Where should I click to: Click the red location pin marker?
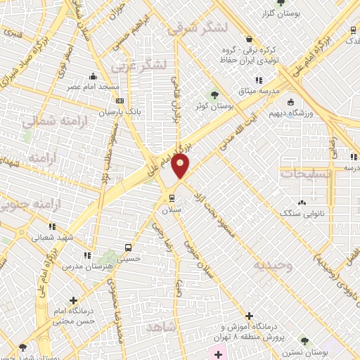[181, 166]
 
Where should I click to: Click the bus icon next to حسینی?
[127, 248]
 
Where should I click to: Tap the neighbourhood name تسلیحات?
[303, 172]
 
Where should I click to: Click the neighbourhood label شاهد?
[162, 327]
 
